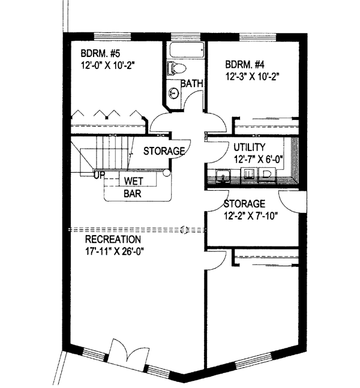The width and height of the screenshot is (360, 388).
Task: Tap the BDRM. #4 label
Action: [243, 65]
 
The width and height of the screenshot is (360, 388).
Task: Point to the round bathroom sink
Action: [175, 93]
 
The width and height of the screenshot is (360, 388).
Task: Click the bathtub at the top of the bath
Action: [187, 50]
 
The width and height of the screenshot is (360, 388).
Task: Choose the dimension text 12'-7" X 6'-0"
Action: [259, 158]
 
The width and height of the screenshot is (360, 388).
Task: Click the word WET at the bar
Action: [134, 180]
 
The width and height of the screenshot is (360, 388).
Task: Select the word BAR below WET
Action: [133, 193]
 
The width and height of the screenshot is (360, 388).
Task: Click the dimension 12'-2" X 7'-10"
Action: [248, 215]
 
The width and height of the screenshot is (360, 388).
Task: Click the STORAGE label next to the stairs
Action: [163, 152]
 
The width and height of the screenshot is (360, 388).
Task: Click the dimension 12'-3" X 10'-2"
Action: [253, 77]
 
